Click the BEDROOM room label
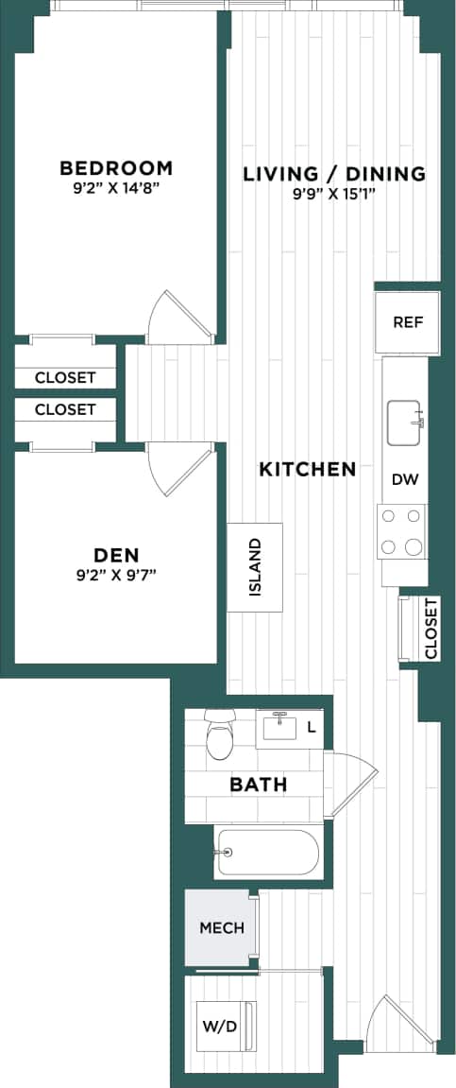click(x=116, y=168)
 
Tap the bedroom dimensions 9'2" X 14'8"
click(x=116, y=188)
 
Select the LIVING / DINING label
click(x=334, y=174)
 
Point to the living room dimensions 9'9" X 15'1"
click(x=334, y=194)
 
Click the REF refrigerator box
click(x=408, y=322)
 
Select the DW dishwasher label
click(x=405, y=479)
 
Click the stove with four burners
click(x=401, y=531)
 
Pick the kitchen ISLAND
click(x=254, y=567)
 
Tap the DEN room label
click(x=116, y=554)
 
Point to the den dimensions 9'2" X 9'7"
click(x=116, y=574)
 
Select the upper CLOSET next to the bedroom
click(x=65, y=377)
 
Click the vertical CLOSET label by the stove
click(x=431, y=628)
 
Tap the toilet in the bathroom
click(x=220, y=734)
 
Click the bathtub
click(x=267, y=853)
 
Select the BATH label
click(x=259, y=785)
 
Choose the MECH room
click(x=221, y=927)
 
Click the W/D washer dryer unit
click(x=221, y=1025)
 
